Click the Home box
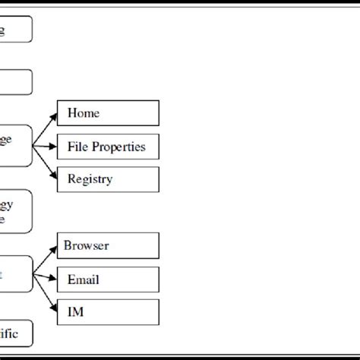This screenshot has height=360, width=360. coord(108,114)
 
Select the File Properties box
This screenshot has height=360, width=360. coord(108,147)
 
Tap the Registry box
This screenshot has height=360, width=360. coord(108,179)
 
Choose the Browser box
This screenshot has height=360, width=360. coord(108,245)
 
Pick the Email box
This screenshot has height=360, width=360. coord(108,279)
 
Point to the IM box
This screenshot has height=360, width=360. coord(108,311)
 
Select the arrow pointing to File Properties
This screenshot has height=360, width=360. coord(46,146)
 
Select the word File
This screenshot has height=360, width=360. coord(77,147)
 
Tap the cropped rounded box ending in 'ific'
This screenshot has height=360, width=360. coord(15,333)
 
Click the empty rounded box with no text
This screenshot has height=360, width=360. coord(15,82)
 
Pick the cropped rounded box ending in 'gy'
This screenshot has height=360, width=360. coord(15,210)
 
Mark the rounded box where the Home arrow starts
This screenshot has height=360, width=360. coord(15,145)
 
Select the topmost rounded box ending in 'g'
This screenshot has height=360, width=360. coord(15,30)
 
